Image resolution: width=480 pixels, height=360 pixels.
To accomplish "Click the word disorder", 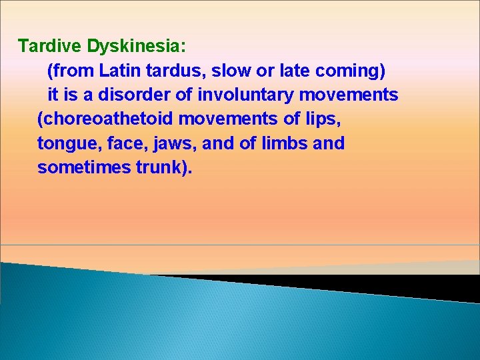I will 142,95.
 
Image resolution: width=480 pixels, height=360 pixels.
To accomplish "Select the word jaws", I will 173,144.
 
